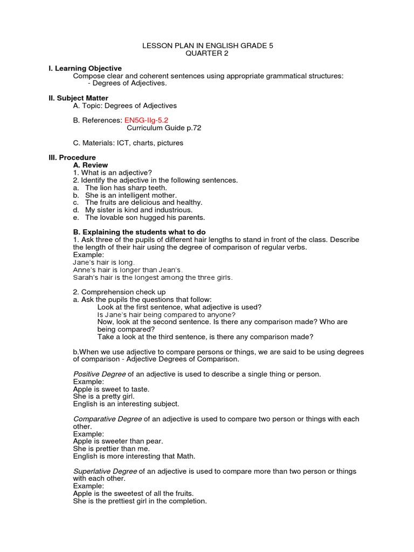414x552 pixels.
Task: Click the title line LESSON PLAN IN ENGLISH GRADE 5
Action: coord(208,46)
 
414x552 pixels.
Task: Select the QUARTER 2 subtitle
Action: coord(208,54)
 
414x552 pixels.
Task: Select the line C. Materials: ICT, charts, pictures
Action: coord(128,143)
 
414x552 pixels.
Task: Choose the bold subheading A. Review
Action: coord(91,165)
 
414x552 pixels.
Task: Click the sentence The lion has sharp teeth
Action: coord(122,188)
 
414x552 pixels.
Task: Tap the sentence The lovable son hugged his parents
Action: coord(145,218)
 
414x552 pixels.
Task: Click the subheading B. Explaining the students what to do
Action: coord(142,232)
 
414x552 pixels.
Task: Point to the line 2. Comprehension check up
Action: coord(119,292)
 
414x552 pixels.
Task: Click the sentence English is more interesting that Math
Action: coord(134,456)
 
